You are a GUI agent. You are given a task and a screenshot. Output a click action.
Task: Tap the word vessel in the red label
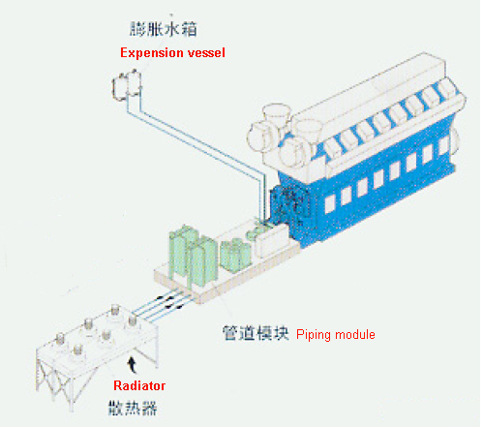[x=206, y=52]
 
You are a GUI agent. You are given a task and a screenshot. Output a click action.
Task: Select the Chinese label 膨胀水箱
[x=164, y=29]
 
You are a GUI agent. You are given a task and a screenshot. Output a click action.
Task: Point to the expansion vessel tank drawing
[x=127, y=84]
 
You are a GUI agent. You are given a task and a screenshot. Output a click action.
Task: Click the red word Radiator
[x=139, y=385]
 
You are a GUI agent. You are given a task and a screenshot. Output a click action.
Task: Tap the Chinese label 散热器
[x=133, y=408]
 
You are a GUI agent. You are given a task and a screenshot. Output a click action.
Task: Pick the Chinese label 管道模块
[x=255, y=333]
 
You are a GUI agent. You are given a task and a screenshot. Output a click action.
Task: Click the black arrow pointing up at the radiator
[x=132, y=365]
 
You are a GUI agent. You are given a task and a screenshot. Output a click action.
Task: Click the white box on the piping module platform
[x=271, y=240]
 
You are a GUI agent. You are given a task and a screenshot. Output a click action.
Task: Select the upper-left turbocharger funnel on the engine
[x=277, y=114]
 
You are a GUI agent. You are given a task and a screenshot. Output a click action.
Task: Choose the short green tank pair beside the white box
[x=235, y=255]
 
